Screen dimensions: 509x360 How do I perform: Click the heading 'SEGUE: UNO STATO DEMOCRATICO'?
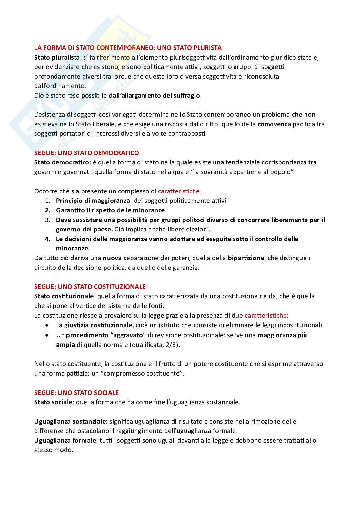86,153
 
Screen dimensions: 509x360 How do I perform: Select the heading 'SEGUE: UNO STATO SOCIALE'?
76,393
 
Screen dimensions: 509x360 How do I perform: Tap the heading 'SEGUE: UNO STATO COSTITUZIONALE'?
90,287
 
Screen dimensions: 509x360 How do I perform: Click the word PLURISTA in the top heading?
207,48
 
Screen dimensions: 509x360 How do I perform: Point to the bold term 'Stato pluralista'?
57,57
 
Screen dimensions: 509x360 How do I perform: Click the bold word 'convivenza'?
274,124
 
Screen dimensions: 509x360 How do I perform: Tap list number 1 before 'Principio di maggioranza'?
48,201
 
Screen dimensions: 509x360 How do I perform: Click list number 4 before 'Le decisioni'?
48,239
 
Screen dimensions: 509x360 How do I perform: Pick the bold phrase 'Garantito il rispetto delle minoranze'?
110,210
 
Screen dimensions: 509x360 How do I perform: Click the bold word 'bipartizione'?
246,258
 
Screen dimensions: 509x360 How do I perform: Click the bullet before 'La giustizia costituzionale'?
48,325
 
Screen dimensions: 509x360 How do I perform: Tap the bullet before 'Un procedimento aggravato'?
48,335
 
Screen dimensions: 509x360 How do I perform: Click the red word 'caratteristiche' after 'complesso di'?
179,191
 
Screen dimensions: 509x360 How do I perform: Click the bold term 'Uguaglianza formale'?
65,440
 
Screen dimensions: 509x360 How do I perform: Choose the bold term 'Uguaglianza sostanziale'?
70,421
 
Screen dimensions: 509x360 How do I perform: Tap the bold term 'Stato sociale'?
53,402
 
